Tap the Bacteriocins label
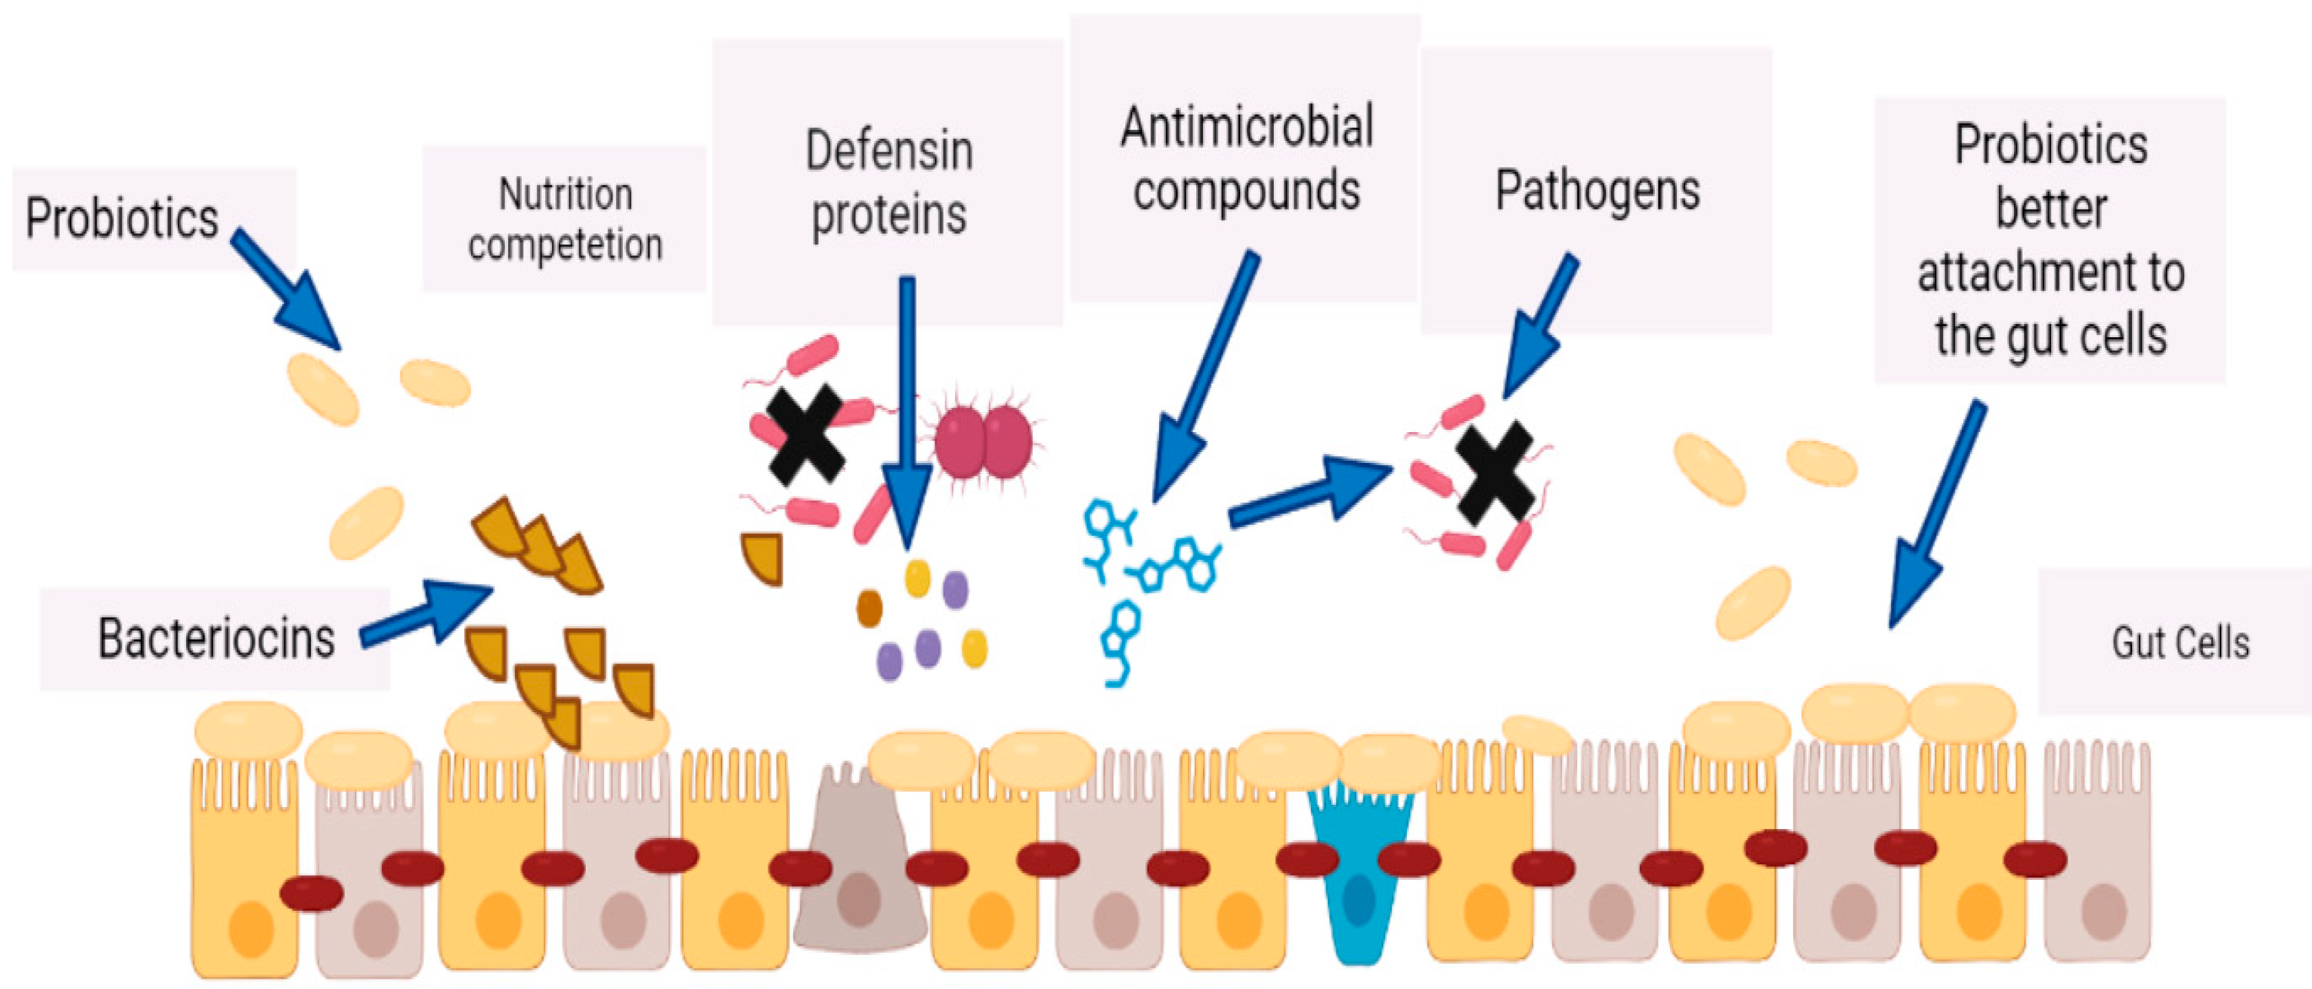pyautogui.click(x=216, y=639)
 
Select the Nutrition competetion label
pyautogui.click(x=565, y=220)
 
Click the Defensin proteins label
pyautogui.click(x=889, y=183)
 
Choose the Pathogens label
pyautogui.click(x=1596, y=190)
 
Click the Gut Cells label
pyautogui.click(x=2180, y=643)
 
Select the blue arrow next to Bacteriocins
pyautogui.click(x=427, y=614)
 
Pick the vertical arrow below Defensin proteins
pyautogui.click(x=907, y=413)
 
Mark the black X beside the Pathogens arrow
pyautogui.click(x=1494, y=473)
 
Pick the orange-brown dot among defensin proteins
pyautogui.click(x=869, y=608)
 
